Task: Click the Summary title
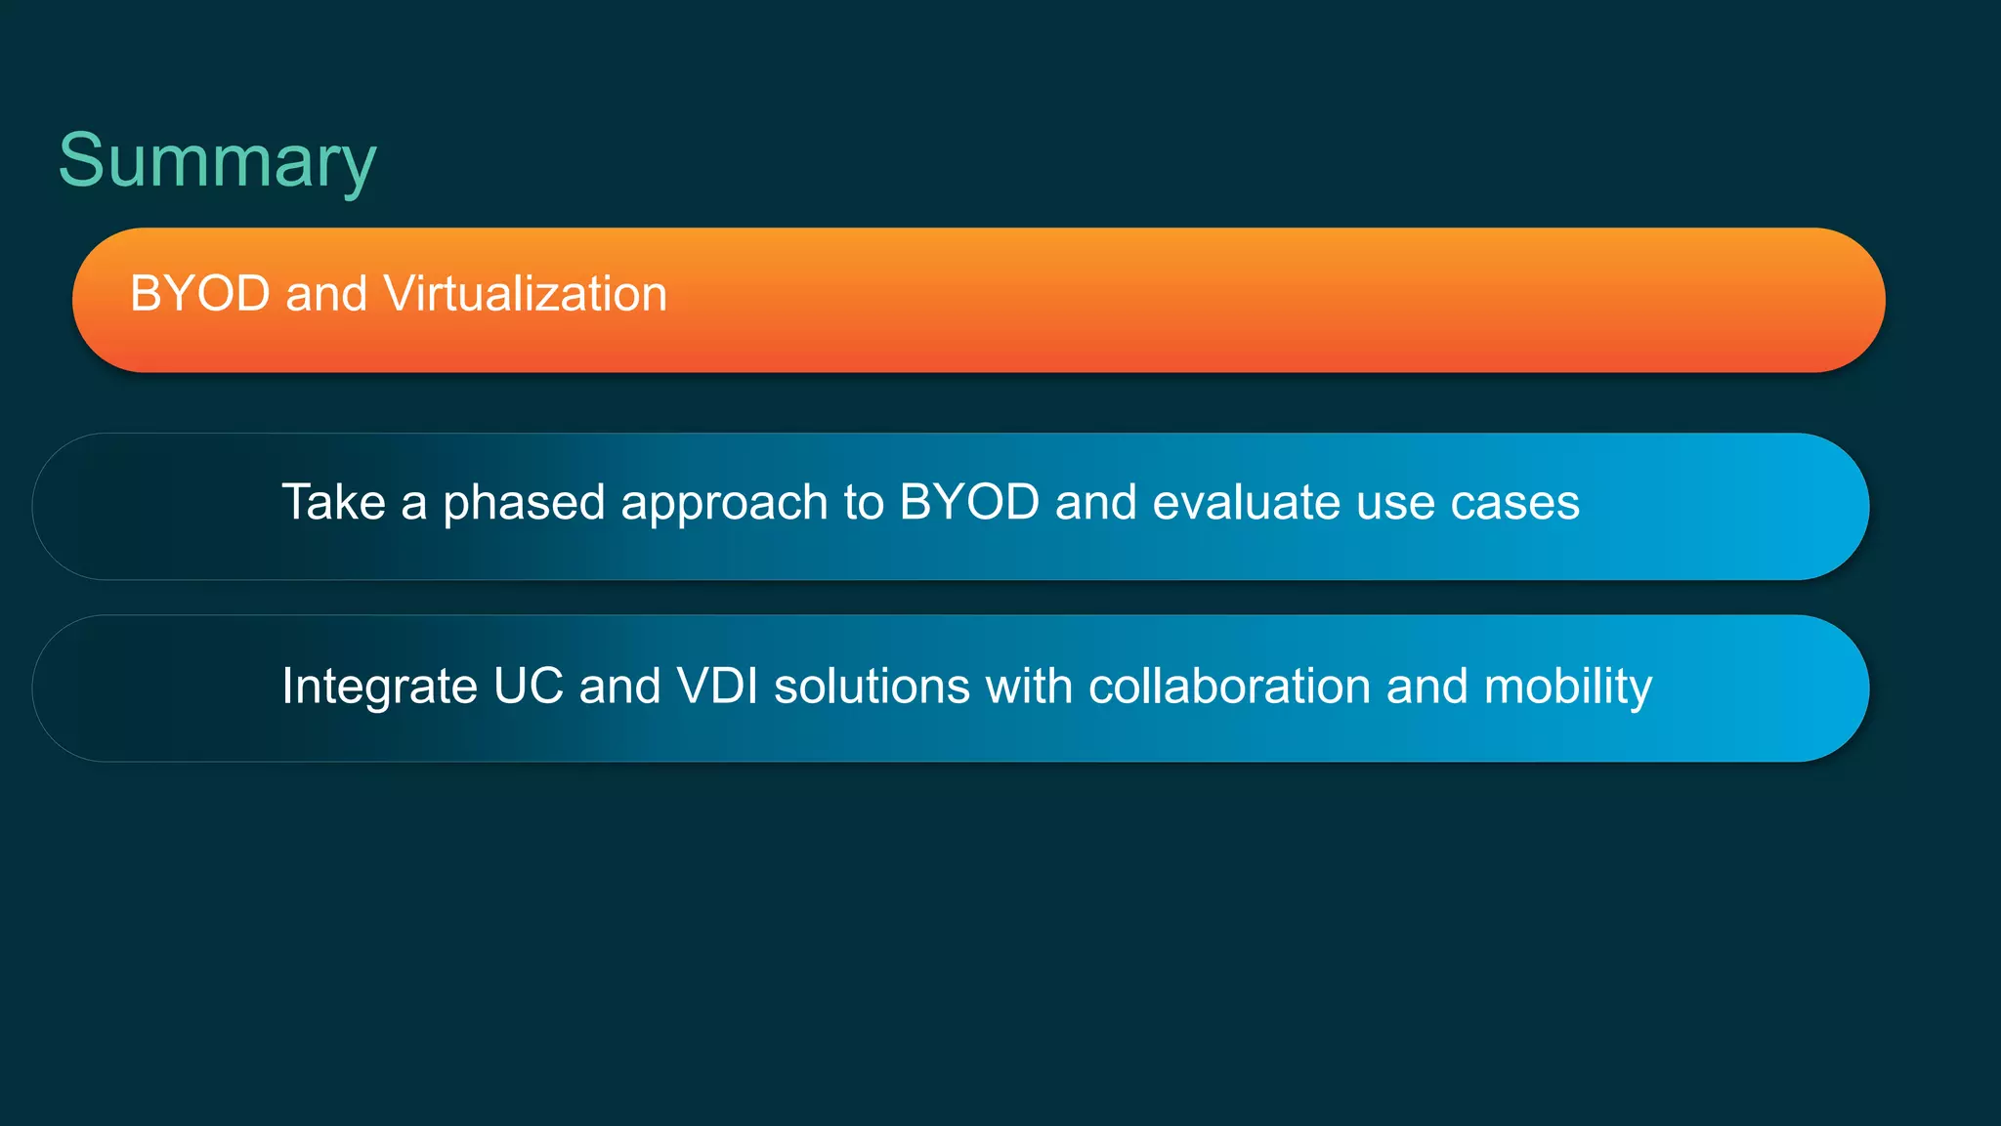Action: click(217, 161)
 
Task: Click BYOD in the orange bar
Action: click(200, 294)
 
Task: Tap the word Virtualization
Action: click(525, 294)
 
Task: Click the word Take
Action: click(333, 503)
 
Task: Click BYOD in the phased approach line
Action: click(968, 503)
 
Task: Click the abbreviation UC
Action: click(528, 686)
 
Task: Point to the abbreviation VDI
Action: click(717, 686)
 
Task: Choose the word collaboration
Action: click(1229, 686)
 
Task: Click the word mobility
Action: click(1567, 688)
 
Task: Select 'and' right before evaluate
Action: click(1095, 503)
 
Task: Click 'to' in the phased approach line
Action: click(863, 503)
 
